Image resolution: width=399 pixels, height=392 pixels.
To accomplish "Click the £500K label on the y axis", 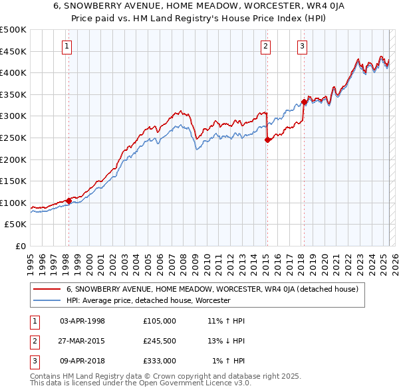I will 13,30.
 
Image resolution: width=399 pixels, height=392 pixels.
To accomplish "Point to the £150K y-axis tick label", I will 13,181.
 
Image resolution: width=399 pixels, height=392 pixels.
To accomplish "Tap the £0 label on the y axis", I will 20,246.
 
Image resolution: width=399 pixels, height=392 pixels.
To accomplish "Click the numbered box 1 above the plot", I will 68,46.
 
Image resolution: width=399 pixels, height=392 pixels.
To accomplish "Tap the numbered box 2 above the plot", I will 266,46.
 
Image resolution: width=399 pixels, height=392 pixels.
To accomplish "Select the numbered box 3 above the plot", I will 303,46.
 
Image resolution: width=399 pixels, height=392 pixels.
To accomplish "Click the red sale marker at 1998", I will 68,201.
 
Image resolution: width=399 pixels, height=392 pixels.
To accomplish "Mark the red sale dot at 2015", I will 267,140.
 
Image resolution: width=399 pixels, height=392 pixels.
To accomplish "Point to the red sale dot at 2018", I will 304,102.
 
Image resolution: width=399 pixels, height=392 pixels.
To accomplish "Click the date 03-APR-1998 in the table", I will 82,320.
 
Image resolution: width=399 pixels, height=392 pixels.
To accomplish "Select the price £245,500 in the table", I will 160,341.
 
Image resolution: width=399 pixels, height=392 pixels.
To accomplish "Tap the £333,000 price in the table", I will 160,361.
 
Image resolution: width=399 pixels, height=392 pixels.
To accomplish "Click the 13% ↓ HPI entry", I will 227,341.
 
